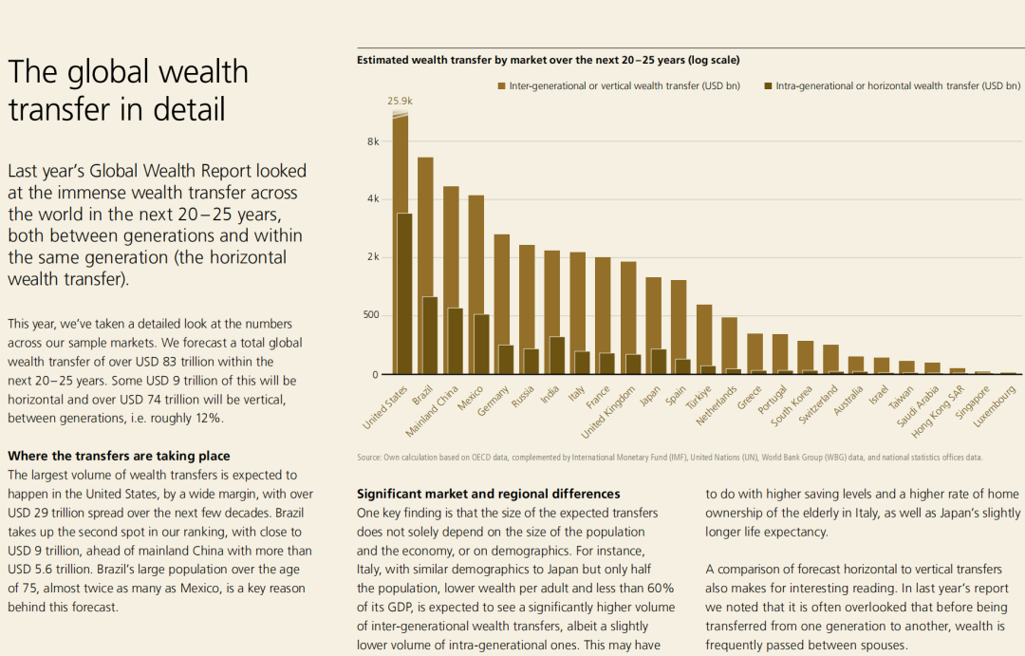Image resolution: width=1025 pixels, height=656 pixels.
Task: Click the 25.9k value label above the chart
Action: [400, 101]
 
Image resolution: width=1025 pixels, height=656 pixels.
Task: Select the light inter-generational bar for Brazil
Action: [425, 228]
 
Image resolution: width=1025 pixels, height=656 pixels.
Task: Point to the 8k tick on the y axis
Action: [372, 141]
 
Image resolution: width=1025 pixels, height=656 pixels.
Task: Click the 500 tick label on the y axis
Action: [369, 315]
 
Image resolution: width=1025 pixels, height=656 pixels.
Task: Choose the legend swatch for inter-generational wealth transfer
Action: [502, 86]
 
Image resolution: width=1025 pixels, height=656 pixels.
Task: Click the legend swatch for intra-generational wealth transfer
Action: [769, 86]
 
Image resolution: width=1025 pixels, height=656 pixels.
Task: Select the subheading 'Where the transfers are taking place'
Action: [119, 457]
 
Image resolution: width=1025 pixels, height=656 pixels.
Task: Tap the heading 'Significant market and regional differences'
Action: [488, 494]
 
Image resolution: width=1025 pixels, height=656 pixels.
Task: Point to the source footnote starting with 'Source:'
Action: [669, 458]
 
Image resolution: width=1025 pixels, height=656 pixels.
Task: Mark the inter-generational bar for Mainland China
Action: [451, 247]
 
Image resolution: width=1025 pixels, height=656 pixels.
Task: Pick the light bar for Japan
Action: [653, 313]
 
